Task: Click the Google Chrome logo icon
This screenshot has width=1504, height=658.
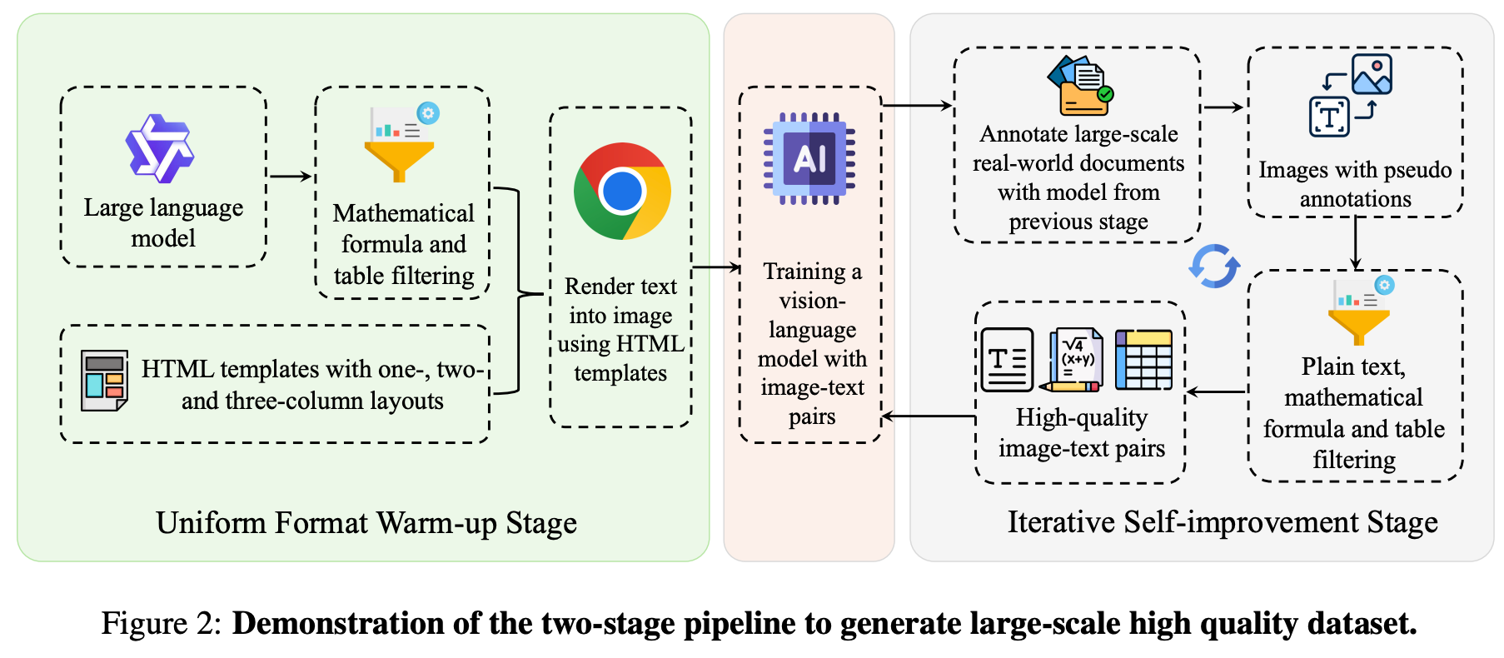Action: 622,191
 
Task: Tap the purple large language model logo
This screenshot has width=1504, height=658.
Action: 159,148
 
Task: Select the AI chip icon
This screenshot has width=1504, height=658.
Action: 809,158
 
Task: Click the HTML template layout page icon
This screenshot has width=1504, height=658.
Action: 104,381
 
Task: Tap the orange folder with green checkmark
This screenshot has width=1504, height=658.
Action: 1080,86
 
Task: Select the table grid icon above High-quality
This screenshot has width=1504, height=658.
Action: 1143,360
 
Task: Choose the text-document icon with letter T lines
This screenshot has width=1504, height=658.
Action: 1007,360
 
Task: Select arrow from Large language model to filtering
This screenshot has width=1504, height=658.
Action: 290,177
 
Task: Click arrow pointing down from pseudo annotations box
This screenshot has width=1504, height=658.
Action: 1356,242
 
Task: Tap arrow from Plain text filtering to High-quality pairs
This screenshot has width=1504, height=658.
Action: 1216,391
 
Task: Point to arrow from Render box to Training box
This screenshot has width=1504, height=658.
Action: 715,267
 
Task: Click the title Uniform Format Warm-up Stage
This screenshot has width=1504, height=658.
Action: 366,523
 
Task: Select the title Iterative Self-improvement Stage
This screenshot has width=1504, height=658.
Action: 1223,522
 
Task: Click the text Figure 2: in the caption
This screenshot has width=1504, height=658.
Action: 162,623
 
